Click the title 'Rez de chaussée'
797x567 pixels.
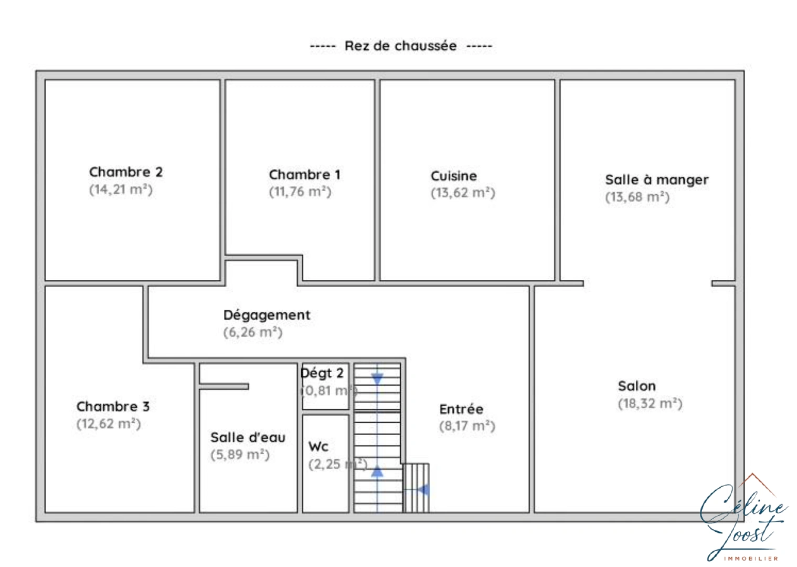click(x=400, y=46)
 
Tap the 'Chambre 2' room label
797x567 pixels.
click(x=125, y=172)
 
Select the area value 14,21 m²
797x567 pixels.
click(x=121, y=190)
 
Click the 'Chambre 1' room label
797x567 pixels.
click(x=304, y=175)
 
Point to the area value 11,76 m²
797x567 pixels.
click(x=300, y=192)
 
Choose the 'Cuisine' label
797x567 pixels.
click(x=454, y=176)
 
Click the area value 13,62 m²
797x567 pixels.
click(x=463, y=193)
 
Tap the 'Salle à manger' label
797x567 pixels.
click(x=656, y=180)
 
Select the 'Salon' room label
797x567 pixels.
click(x=636, y=386)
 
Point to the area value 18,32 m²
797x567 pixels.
click(x=650, y=404)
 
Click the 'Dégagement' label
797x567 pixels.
click(x=267, y=315)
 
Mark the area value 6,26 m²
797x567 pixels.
click(x=253, y=332)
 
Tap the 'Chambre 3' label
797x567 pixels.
click(x=113, y=406)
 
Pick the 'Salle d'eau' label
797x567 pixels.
click(x=248, y=437)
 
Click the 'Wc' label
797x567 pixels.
click(x=318, y=447)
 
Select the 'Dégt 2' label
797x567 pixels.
click(x=322, y=373)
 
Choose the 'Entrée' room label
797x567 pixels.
click(x=461, y=409)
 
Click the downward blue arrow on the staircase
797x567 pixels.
click(x=377, y=379)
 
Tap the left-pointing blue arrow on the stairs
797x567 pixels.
click(x=423, y=490)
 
